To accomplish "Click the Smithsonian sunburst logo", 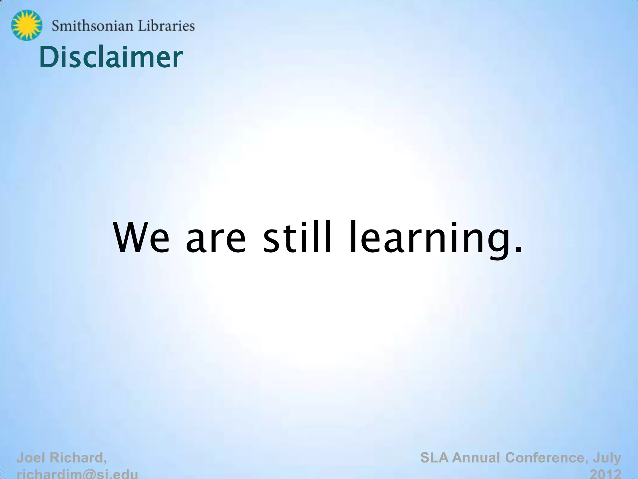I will (26, 25).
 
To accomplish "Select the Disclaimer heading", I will (111, 57).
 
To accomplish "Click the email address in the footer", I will (77, 474).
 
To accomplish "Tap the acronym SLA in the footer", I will (435, 458).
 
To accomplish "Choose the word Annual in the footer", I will (477, 458).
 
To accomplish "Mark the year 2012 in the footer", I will (606, 474).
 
